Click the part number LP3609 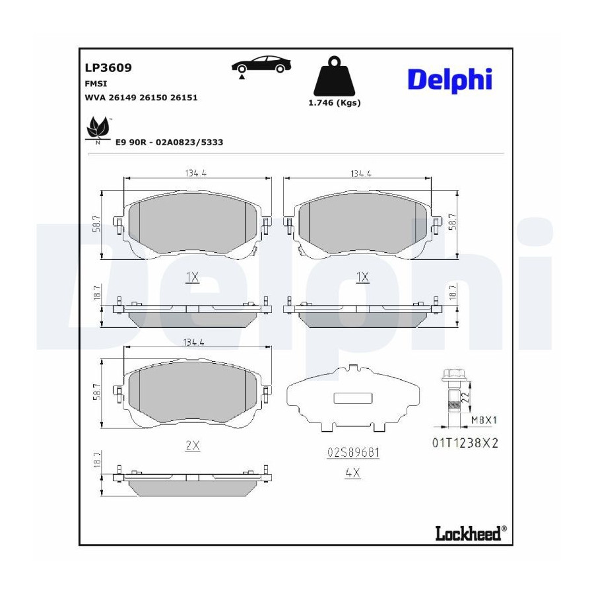tap(108, 68)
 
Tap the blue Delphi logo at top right tap(449, 80)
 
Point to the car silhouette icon tap(261, 65)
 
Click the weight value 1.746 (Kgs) tap(335, 103)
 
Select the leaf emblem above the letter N tap(98, 127)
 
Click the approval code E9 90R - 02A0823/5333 tap(170, 143)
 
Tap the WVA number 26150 tap(152, 98)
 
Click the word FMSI tap(96, 84)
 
